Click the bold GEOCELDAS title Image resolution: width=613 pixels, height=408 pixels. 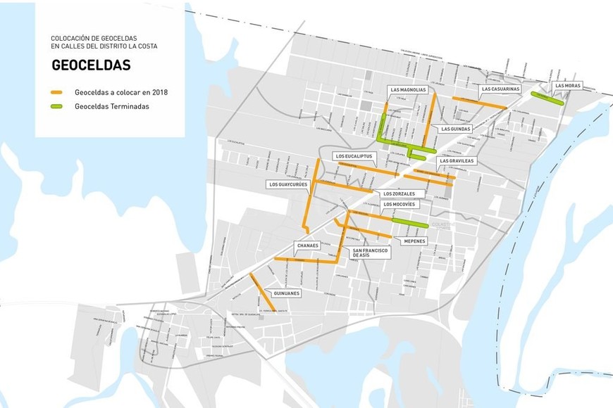click(91, 65)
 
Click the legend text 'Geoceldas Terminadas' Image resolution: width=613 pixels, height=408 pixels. click(111, 107)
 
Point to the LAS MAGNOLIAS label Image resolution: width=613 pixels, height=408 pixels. click(408, 90)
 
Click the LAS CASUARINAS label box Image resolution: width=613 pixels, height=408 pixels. click(500, 89)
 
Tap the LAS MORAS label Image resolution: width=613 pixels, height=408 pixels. click(568, 86)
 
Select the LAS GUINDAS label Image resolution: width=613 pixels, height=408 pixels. click(456, 129)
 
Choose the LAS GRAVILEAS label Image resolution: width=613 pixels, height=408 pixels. click(457, 160)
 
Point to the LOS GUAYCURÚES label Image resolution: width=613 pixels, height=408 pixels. click(288, 184)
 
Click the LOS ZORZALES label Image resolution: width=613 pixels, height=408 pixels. click(404, 193)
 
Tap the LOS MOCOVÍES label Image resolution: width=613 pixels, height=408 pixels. click(400, 204)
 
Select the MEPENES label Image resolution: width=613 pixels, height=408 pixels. click(414, 241)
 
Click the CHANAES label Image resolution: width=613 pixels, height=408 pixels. click(309, 246)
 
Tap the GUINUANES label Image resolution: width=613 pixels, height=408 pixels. click(287, 293)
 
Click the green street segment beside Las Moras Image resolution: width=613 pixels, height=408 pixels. click(547, 98)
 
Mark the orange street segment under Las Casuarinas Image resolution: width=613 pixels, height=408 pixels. click(479, 102)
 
